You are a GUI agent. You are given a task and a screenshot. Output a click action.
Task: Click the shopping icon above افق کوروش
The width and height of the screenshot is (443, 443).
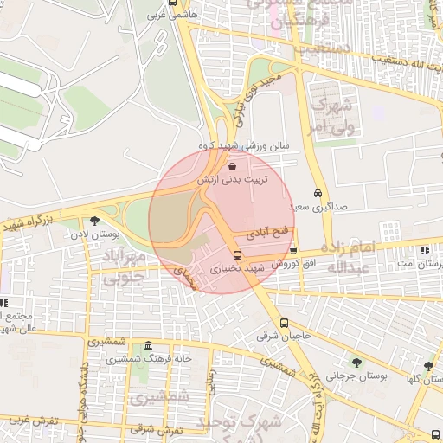[x=293, y=250]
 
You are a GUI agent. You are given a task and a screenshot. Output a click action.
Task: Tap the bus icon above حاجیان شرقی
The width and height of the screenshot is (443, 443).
[x=285, y=324]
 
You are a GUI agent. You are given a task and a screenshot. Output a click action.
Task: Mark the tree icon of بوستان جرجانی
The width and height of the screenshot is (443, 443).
[x=356, y=363]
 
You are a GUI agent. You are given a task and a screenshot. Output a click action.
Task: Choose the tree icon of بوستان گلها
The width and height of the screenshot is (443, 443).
[x=428, y=367]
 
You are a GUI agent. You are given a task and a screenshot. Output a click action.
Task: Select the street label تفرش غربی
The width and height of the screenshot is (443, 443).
[x=33, y=421]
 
